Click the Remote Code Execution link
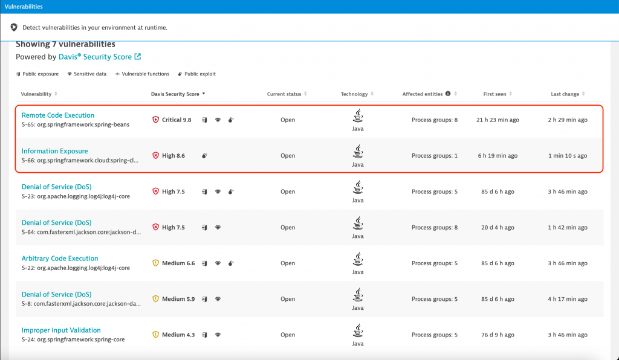click(58, 115)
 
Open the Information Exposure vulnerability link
click(55, 151)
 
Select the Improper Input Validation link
click(61, 330)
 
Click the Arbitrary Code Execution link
click(60, 259)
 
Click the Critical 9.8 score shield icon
click(155, 120)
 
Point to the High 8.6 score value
click(173, 156)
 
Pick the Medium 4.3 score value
click(178, 335)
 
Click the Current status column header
click(284, 94)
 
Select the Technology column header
click(354, 94)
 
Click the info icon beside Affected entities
click(448, 94)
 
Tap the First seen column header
click(495, 94)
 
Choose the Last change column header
click(565, 94)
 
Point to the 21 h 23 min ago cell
click(497, 120)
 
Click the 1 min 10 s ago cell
click(568, 156)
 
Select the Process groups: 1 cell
click(435, 156)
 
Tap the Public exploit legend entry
click(197, 74)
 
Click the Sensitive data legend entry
click(87, 74)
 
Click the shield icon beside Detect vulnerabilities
click(15, 28)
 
